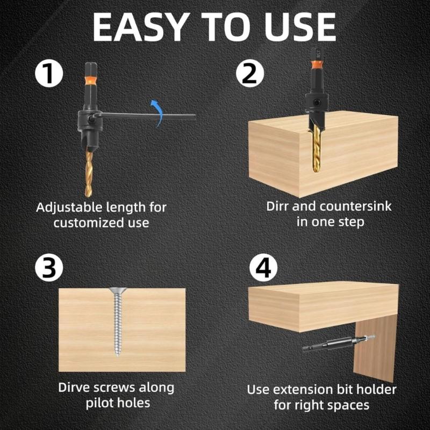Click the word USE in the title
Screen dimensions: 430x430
pos(299,26)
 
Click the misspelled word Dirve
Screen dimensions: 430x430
pos(75,388)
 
